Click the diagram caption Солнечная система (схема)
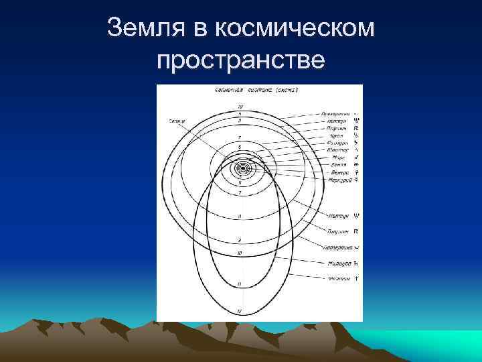(256, 89)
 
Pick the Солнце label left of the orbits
(177, 120)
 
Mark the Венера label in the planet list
(339, 172)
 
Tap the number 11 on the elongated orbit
(239, 284)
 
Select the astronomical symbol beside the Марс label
(356, 157)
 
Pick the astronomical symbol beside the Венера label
(356, 172)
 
